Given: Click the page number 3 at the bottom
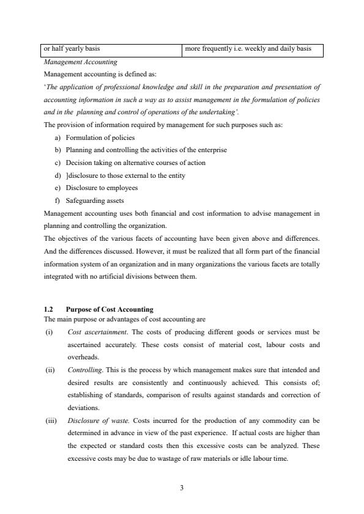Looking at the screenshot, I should point(182,488).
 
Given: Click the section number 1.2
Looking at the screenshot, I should point(50,309).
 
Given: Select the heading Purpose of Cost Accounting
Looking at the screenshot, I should point(110,309).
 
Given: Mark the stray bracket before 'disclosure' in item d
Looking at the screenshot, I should point(67,175).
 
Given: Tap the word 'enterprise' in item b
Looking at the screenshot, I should point(212,150).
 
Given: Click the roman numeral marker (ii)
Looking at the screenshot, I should point(50,370).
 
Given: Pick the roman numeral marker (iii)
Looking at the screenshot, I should point(50,420).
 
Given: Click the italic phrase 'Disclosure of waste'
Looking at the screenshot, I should point(97,420).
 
